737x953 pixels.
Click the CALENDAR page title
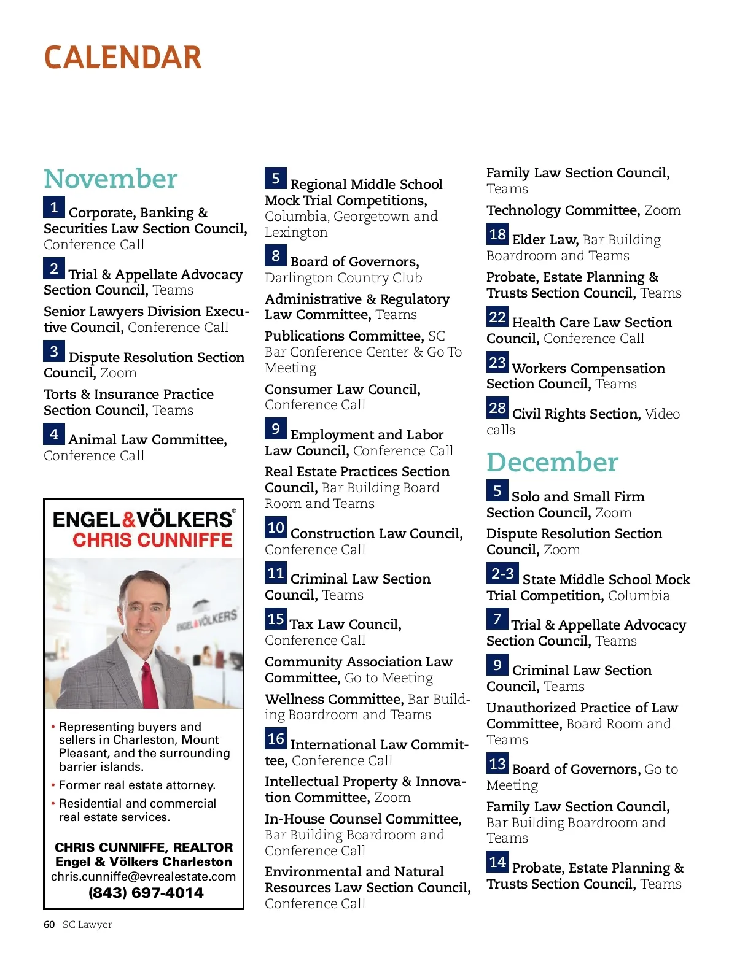[x=123, y=58]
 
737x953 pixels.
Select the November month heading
[x=111, y=179]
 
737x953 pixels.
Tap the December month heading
[x=552, y=462]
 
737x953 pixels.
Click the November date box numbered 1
[x=54, y=207]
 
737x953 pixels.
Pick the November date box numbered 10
[x=276, y=528]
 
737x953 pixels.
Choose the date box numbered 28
[x=497, y=408]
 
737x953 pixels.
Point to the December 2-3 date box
[x=502, y=574]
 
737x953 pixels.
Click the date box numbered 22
[x=497, y=317]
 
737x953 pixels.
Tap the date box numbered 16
[x=276, y=739]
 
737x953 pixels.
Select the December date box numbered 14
[x=497, y=862]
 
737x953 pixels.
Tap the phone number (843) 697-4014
[x=146, y=893]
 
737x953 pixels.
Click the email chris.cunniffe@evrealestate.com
[x=143, y=876]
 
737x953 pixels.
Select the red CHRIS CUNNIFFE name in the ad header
[x=152, y=540]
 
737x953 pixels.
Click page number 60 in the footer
[x=49, y=925]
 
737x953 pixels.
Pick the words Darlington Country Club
[x=343, y=278]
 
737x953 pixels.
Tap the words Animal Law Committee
[x=147, y=439]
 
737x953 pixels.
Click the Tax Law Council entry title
[x=345, y=624]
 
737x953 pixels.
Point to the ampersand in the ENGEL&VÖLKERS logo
[x=129, y=520]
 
